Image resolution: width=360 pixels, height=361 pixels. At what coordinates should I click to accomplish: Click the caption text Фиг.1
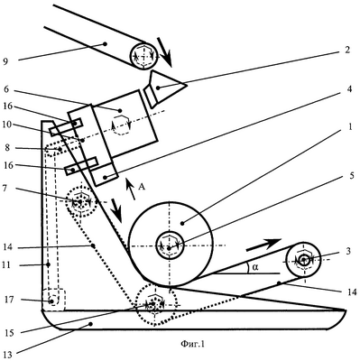[192, 344]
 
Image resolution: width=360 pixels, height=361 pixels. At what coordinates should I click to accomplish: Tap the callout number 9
[5, 61]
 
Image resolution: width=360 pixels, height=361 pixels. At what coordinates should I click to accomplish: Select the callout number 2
[347, 50]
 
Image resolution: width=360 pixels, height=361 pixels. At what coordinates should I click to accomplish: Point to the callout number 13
[8, 355]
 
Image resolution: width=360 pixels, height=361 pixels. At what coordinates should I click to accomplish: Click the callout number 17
[10, 300]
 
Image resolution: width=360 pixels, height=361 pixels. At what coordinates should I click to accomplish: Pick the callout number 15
[9, 333]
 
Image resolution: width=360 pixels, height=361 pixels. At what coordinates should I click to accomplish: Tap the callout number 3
[348, 251]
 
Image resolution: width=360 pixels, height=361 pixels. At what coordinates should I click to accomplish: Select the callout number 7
[7, 188]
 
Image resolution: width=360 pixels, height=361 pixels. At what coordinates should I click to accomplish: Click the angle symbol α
[255, 267]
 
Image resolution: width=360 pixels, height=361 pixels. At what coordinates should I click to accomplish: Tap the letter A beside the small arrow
[142, 187]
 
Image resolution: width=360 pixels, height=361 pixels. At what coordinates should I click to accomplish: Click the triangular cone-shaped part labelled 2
[165, 88]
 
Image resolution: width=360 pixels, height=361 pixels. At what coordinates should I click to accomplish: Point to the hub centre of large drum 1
[169, 247]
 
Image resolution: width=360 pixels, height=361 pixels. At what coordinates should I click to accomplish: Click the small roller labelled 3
[303, 259]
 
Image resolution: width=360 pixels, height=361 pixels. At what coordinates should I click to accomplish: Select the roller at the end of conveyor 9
[143, 56]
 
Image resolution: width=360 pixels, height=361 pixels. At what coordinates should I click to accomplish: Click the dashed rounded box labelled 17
[53, 300]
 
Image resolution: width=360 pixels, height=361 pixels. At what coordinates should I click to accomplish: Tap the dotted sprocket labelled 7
[80, 201]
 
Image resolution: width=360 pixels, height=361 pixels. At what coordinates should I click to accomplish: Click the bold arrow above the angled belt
[263, 245]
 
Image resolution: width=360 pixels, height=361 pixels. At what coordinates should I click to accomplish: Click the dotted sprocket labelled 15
[155, 304]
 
